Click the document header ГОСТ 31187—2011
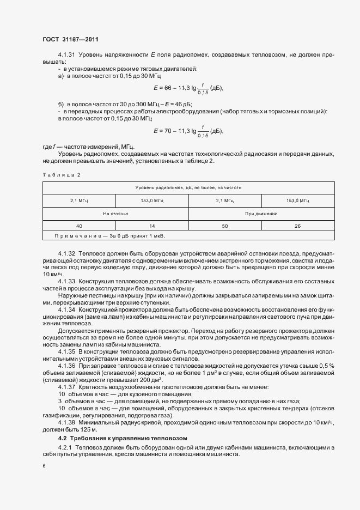pyautogui.click(x=70, y=39)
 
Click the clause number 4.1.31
pyautogui.click(x=67, y=56)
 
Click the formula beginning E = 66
pyautogui.click(x=188, y=88)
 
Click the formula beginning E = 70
pyautogui.click(x=188, y=131)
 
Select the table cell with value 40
pyautogui.click(x=80, y=225)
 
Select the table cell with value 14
pyautogui.click(x=152, y=225)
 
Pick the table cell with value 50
pyautogui.click(x=225, y=225)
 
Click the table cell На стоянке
pyautogui.click(x=115, y=214)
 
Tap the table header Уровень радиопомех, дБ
pyautogui.click(x=188, y=187)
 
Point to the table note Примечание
pyautogui.click(x=109, y=235)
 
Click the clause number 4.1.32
pyautogui.click(x=67, y=254)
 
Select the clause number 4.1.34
pyautogui.click(x=67, y=309)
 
